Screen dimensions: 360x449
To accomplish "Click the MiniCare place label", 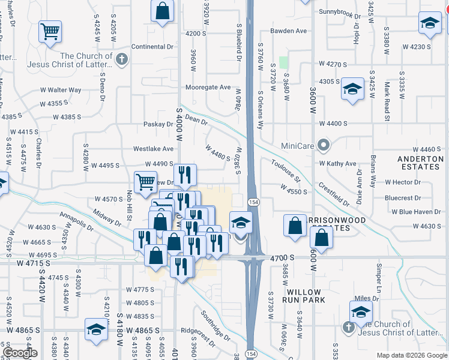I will [298, 146].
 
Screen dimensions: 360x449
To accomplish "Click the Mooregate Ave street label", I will [208, 87].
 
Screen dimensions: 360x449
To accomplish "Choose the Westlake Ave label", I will [153, 148].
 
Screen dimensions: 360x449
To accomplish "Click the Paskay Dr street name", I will [158, 124].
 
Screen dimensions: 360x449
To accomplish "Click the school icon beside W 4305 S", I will [352, 90].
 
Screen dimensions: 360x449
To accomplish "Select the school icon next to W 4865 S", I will [96, 329].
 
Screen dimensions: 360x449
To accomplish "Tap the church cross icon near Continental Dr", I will [122, 59].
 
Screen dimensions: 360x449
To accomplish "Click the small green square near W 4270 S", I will [283, 62].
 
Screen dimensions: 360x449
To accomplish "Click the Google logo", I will [19, 353].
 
